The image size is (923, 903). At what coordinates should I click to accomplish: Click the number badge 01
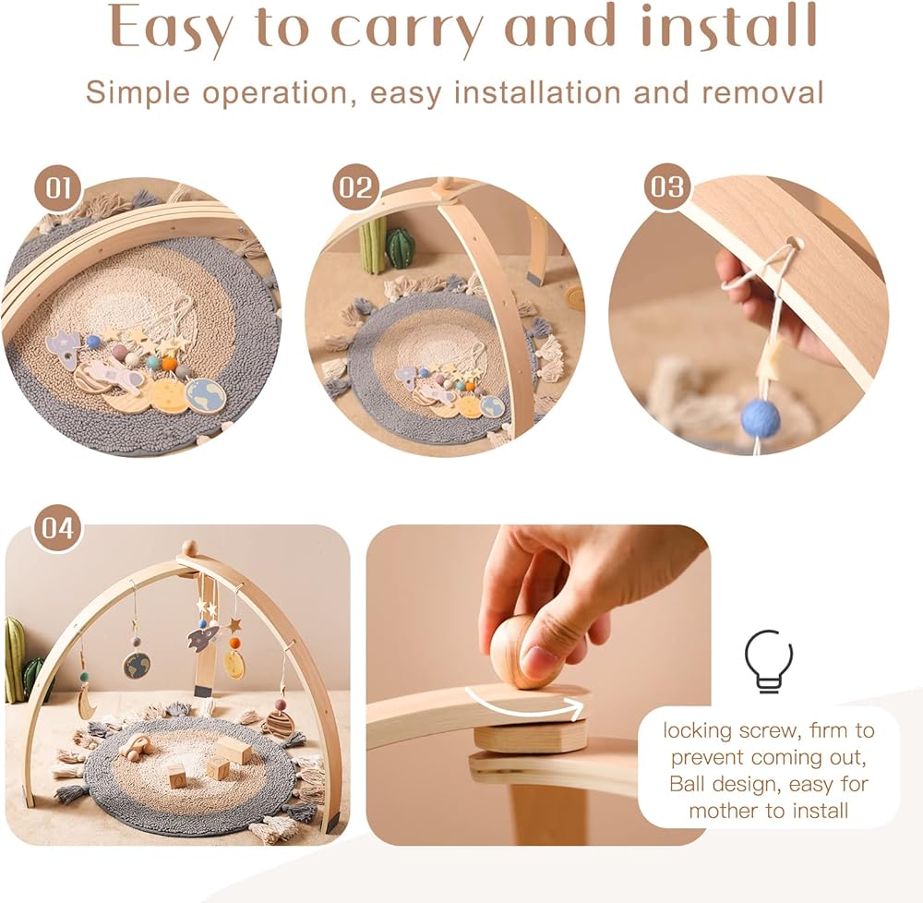59,188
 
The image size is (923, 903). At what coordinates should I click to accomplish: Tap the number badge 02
356,187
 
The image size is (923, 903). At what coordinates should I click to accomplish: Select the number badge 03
667,187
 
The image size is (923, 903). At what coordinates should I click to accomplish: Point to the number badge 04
57,528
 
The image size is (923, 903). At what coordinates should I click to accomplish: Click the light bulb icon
768,661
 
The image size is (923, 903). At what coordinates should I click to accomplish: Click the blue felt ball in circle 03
760,417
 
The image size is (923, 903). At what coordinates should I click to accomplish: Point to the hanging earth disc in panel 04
136,665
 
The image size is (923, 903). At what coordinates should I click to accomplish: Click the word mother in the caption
719,812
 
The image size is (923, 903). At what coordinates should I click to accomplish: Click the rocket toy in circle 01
63,348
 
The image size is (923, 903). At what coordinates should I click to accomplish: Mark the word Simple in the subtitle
138,94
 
